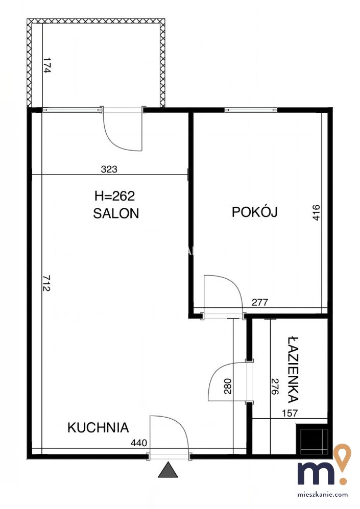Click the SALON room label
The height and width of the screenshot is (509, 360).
(116, 213)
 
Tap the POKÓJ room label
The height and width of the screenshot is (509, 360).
(254, 212)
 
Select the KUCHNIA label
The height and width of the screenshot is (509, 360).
(98, 428)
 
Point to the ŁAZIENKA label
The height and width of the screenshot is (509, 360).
(293, 370)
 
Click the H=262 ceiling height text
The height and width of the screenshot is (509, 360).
(114, 196)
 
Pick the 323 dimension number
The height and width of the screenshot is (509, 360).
(109, 169)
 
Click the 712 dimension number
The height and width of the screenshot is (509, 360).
(47, 283)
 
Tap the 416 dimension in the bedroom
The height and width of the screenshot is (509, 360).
(317, 212)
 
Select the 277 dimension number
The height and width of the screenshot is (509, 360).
(260, 302)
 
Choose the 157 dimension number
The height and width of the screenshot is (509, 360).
(290, 413)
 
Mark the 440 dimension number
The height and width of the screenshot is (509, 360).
(139, 443)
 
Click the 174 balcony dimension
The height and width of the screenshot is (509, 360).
(47, 65)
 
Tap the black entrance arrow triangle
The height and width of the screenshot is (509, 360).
(168, 470)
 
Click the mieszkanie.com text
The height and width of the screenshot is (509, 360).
(323, 495)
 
